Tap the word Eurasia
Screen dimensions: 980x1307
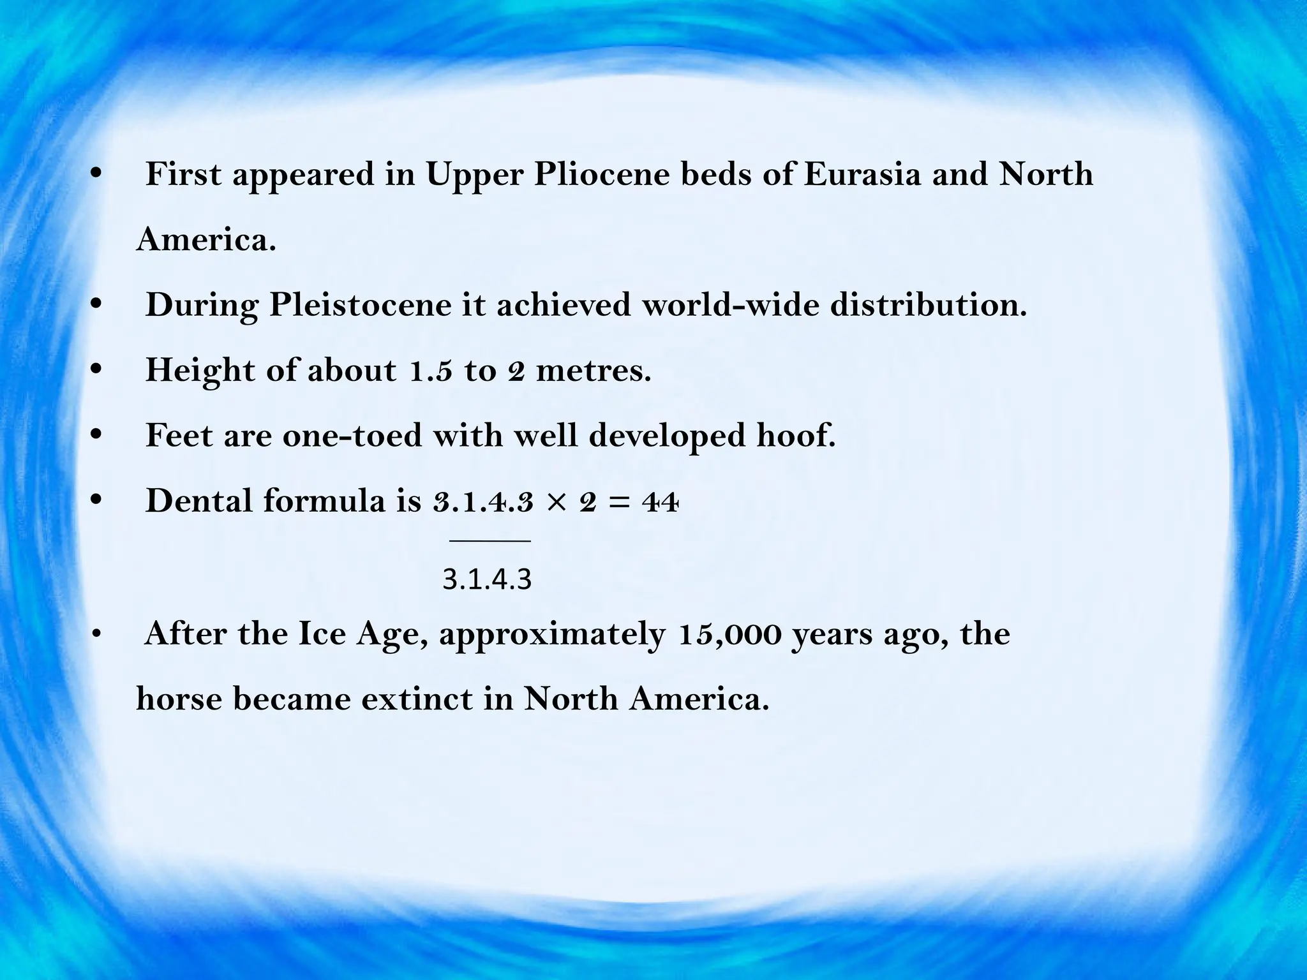[x=862, y=174]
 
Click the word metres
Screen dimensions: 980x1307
[x=594, y=370]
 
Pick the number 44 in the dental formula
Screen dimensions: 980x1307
[x=660, y=503]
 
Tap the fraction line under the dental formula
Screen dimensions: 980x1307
[x=489, y=541]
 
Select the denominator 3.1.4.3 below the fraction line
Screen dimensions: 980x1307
[x=487, y=580]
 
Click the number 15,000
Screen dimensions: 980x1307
[x=730, y=634]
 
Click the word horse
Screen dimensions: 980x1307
[x=179, y=699]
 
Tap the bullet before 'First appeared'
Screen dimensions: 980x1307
[x=96, y=174]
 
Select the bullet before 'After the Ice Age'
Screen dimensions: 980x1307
[x=96, y=634]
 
